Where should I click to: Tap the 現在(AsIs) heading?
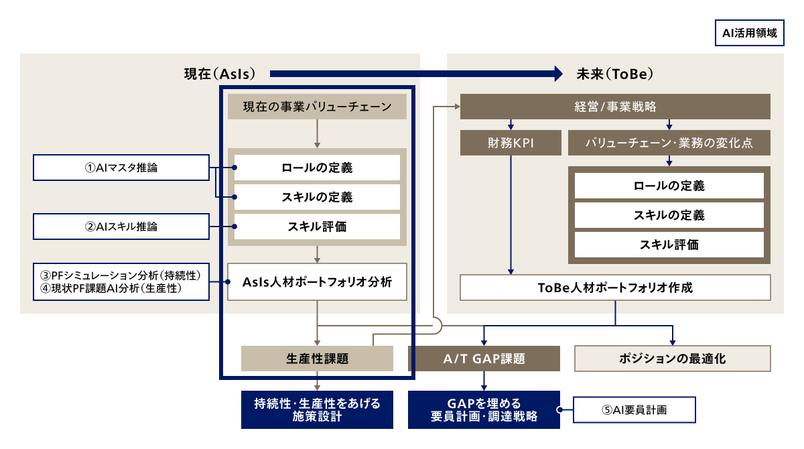220,74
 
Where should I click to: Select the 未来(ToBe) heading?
614,74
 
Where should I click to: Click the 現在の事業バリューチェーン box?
317,107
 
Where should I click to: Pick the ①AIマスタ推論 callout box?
121,168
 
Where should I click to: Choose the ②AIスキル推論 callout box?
121,227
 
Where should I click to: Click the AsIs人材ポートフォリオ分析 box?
317,281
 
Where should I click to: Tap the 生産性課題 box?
317,359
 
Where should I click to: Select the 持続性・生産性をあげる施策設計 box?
317,409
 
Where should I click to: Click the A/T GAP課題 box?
484,359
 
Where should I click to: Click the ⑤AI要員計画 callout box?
634,409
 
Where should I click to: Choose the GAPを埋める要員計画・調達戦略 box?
484,409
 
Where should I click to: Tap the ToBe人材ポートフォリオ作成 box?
615,288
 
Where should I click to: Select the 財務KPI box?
511,143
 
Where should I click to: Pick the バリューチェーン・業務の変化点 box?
669,143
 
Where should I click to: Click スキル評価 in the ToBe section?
669,245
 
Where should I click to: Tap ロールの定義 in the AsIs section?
317,168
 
